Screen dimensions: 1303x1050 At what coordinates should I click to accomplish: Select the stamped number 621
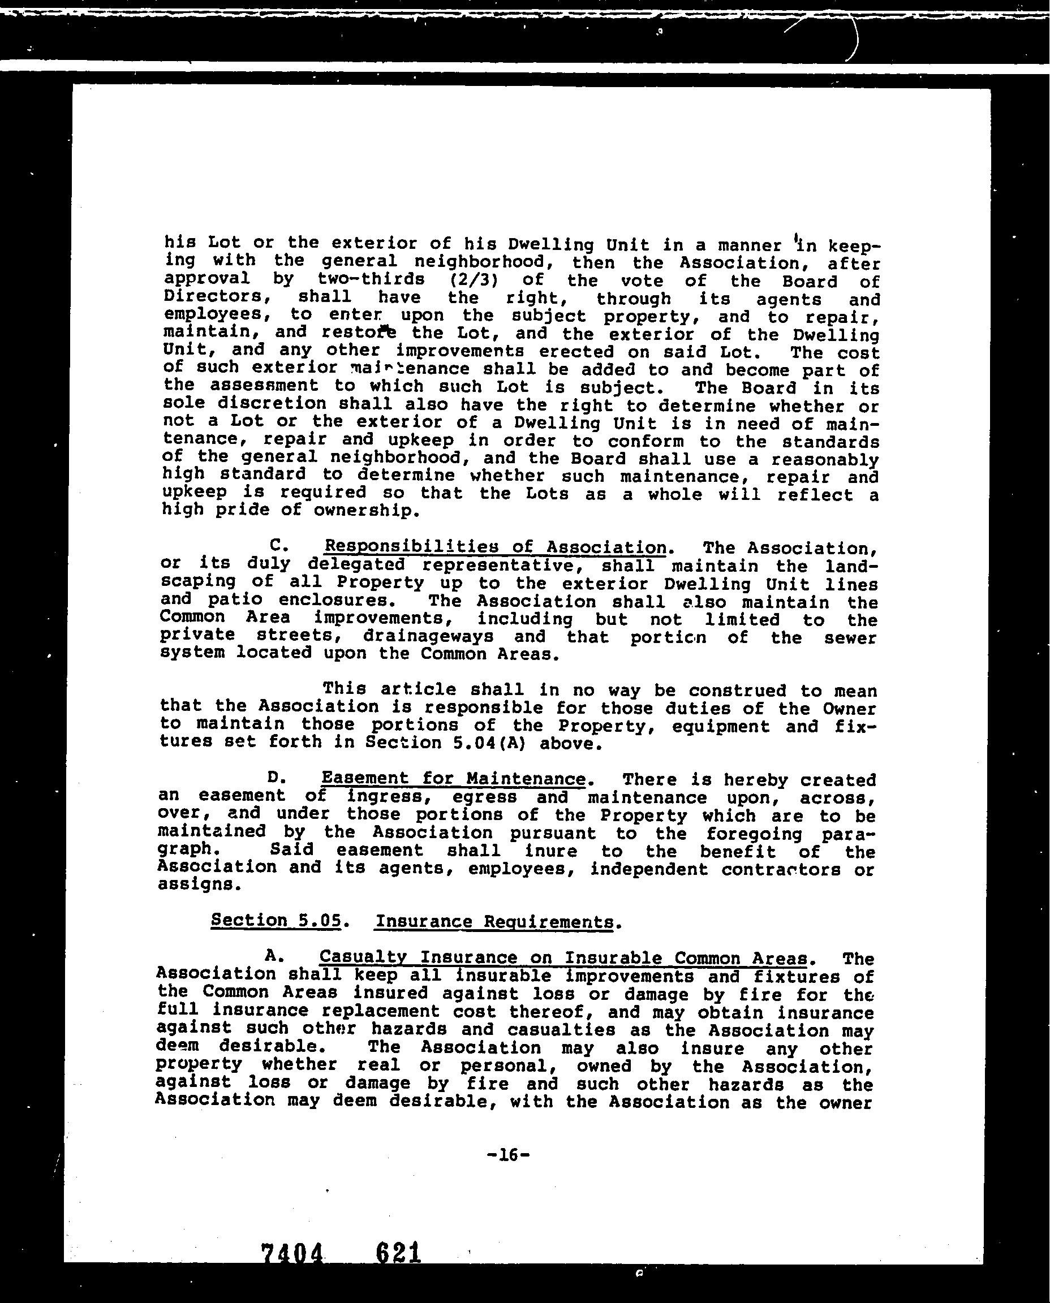(x=397, y=1252)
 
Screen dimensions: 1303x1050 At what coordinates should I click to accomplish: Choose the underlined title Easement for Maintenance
(x=453, y=779)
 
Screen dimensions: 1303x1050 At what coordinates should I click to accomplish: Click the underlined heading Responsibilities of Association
(x=496, y=547)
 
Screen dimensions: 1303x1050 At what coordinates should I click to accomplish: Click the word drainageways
(x=428, y=637)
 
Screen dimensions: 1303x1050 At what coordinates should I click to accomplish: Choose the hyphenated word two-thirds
(x=371, y=280)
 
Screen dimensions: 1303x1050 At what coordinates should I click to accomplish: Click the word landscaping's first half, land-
(x=850, y=567)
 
